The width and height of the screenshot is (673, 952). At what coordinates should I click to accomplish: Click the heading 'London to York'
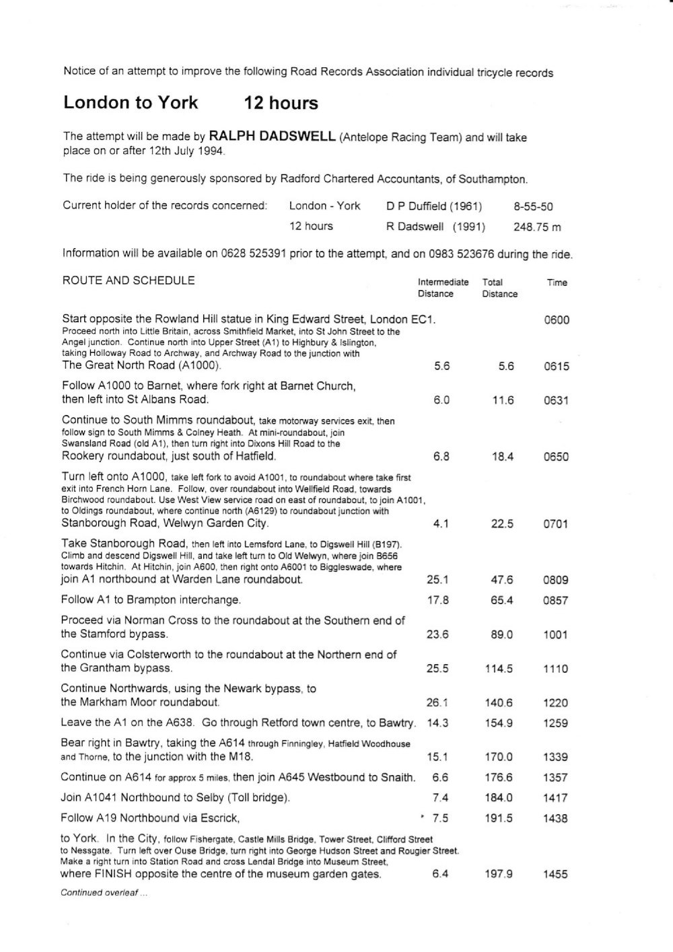coord(131,103)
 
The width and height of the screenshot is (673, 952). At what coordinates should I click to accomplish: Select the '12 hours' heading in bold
coord(281,103)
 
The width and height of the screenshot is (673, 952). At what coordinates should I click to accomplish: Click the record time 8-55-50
coord(533,207)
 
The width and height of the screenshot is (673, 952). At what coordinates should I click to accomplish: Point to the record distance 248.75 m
coord(536,227)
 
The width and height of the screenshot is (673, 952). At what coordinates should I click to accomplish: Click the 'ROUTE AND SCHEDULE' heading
coord(129,281)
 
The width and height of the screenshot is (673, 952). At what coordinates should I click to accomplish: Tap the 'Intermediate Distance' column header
coord(443,288)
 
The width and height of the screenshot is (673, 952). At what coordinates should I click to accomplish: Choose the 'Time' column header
coord(557,283)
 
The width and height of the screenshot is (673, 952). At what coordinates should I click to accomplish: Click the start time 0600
coord(557,320)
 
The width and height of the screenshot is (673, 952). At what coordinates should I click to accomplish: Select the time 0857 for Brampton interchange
coord(556,600)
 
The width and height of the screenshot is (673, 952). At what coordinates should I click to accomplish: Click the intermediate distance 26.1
coord(437,703)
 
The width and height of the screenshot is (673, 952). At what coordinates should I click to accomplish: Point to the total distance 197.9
coord(499,875)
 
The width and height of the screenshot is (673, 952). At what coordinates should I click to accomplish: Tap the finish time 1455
coord(556,875)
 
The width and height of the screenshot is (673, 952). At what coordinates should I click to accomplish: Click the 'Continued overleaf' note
coord(104,893)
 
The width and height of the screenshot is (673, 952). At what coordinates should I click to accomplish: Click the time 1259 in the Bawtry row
coord(556,723)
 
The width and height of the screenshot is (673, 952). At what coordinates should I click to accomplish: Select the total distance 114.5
coord(499,669)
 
